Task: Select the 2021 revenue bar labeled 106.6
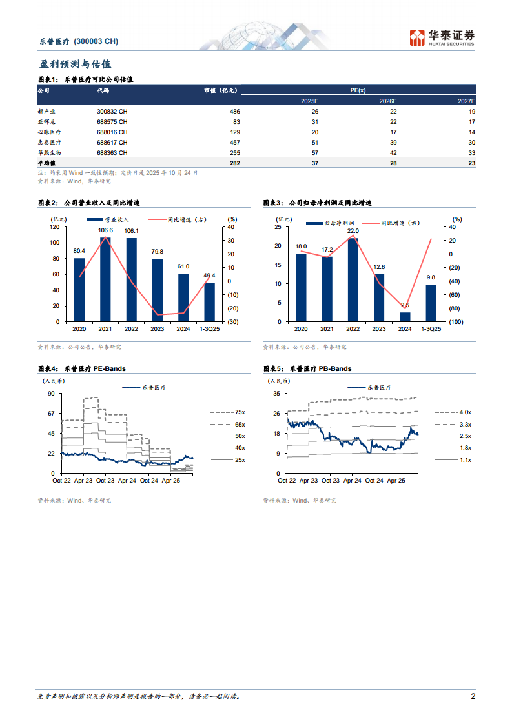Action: pyautogui.click(x=105, y=279)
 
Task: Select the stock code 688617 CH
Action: pyautogui.click(x=112, y=142)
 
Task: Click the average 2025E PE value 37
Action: pyautogui.click(x=314, y=163)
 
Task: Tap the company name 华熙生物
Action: pyautogui.click(x=49, y=153)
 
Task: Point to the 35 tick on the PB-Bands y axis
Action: pyautogui.click(x=277, y=393)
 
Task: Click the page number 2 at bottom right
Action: pyautogui.click(x=473, y=696)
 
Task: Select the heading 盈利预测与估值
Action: pyautogui.click(x=75, y=65)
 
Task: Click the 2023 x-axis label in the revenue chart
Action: pyautogui.click(x=157, y=329)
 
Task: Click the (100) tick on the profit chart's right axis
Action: pyautogui.click(x=455, y=321)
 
